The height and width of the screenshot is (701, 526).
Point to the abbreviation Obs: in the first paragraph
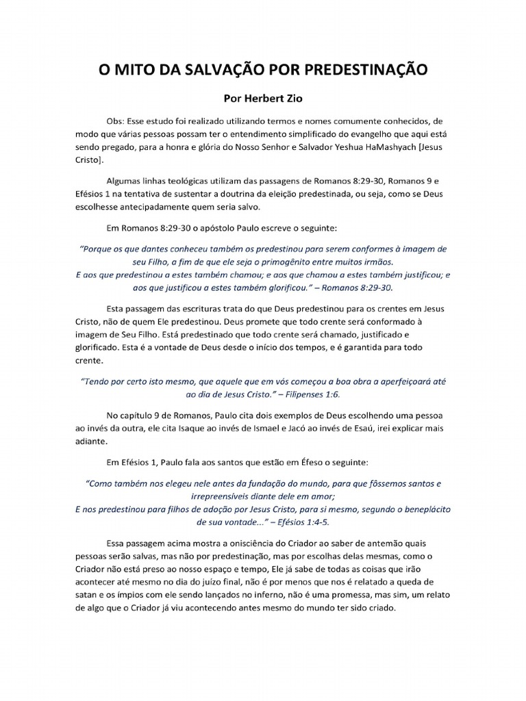click(118, 119)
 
